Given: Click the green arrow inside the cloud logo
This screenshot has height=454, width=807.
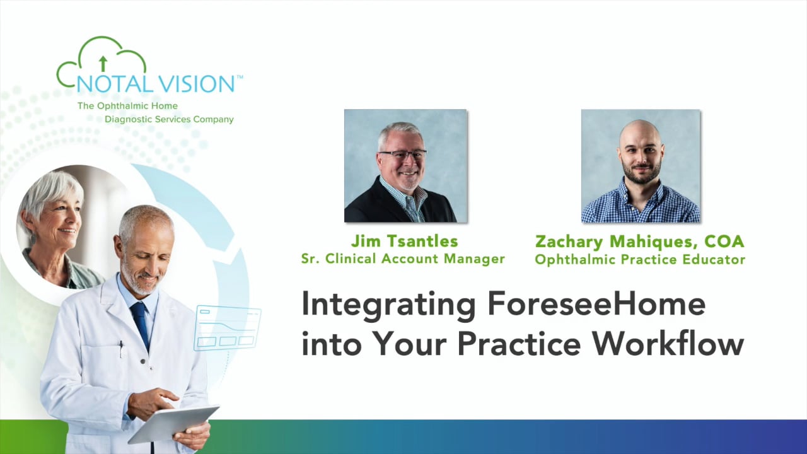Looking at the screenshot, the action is (103, 64).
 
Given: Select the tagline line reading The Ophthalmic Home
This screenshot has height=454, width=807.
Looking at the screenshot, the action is (127, 106).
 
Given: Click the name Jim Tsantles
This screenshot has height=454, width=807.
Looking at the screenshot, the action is (405, 241).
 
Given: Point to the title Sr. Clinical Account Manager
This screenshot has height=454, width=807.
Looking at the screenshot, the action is (403, 259).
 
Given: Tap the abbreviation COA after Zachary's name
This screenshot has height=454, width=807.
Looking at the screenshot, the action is (724, 242).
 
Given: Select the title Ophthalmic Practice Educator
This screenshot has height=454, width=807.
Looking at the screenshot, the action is (640, 259).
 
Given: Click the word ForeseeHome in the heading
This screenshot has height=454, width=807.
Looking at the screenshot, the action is (596, 304).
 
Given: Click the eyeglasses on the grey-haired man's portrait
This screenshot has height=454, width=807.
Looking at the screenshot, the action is (403, 155).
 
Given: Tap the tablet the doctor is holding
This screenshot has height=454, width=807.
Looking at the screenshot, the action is (173, 424).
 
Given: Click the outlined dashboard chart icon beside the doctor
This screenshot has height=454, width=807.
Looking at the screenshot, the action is (228, 328).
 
